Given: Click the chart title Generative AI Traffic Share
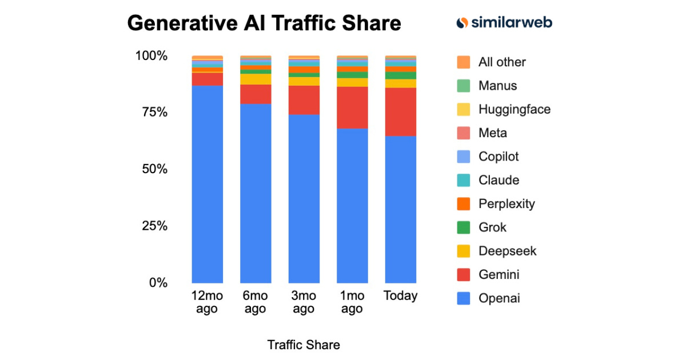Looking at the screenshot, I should pos(264,23).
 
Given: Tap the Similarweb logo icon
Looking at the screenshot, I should pos(462,23).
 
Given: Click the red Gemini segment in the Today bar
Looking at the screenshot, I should pos(401,111).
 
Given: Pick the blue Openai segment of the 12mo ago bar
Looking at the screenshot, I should pos(207,183).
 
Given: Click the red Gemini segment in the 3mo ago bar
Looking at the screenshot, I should pos(304,100).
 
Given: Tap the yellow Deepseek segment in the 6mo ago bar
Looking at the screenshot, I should pos(256,79).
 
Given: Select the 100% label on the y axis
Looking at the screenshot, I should pos(151,56).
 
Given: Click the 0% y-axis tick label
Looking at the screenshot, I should pos(158,283).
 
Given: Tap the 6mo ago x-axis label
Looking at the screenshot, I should pos(255,302).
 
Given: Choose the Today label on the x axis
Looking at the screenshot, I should pos(400,296).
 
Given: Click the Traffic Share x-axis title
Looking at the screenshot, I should pos(304,345).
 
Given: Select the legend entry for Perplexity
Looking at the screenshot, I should pos(506,204).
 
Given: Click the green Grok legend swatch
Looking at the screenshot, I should pos(464,227).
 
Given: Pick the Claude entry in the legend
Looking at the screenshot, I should pos(498,181).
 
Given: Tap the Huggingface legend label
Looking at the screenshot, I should pos(514,109).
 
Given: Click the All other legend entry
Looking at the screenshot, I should pos(501,62).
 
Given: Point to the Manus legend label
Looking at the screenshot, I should pos(497,86).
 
